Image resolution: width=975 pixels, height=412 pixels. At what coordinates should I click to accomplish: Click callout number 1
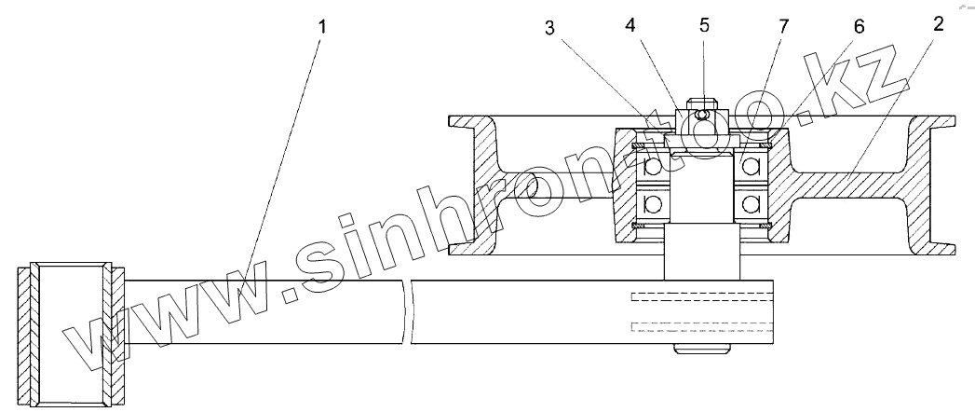[322, 25]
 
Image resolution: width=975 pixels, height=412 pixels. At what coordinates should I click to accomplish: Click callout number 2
[938, 24]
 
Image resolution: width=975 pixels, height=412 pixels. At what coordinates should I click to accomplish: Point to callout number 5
[704, 25]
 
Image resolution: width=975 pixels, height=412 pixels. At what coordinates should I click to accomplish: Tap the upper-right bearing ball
[751, 167]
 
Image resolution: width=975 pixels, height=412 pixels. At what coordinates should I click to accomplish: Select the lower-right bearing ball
[751, 203]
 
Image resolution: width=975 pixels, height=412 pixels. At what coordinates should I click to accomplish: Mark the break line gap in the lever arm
[408, 309]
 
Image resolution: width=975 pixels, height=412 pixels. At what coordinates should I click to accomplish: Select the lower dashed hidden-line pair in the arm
[702, 326]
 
